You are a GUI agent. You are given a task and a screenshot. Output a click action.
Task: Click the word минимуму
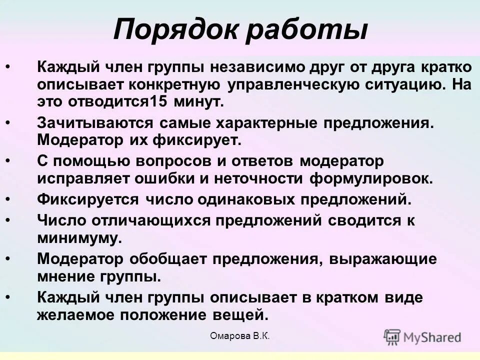tap(79, 238)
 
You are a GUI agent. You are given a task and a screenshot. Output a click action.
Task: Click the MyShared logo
tap(422, 336)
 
